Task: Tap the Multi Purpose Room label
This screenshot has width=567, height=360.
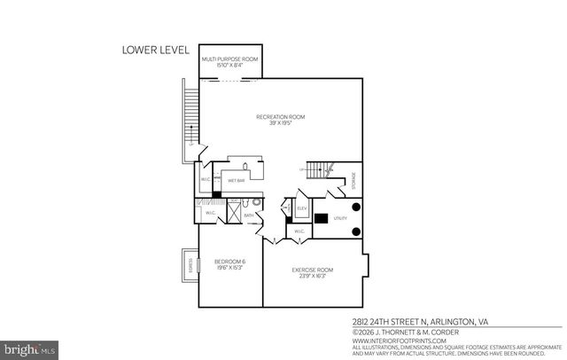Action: pos(230,59)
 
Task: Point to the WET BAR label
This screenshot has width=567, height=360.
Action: pos(237,181)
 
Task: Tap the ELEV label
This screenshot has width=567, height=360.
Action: pos(301,209)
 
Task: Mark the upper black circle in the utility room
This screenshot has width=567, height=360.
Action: pos(356,207)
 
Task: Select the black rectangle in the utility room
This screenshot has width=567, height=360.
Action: pos(321,218)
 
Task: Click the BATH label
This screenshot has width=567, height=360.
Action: pos(250,215)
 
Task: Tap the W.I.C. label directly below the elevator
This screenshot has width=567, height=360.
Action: pos(299,231)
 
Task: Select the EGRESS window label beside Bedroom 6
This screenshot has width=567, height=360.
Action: pos(190,263)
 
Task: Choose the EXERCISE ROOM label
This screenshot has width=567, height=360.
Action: pos(313,271)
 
